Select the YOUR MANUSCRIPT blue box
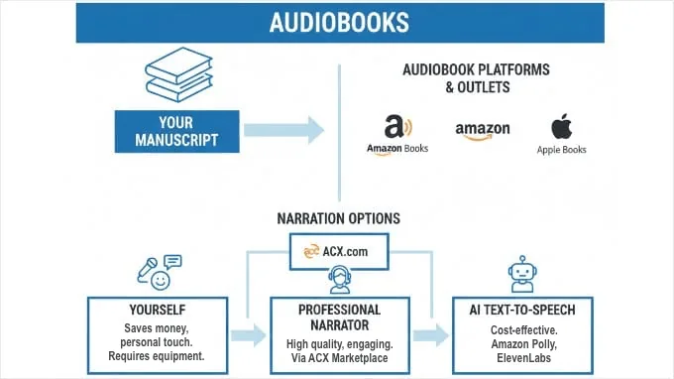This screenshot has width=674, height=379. tap(177, 132)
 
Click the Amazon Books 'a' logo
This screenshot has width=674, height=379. tap(396, 128)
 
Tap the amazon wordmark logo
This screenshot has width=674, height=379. tap(483, 131)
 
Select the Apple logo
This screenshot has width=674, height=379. tap(562, 127)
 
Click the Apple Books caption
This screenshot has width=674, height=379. tap(562, 151)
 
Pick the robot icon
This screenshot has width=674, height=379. tap(520, 273)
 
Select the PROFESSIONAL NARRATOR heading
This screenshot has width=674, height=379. tap(339, 317)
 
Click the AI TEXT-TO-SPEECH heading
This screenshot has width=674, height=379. tap(520, 310)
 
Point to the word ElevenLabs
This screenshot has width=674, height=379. tap(520, 358)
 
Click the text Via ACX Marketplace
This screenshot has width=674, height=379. tap(339, 358)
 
